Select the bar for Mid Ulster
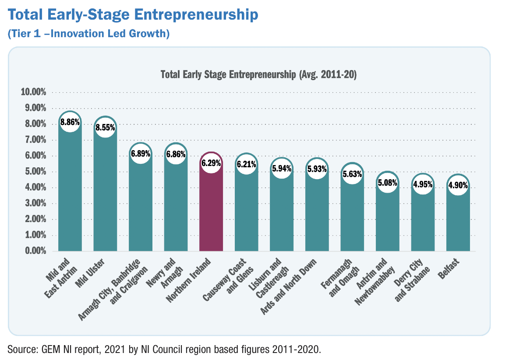(105, 193)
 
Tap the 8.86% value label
(70, 122)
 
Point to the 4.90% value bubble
(458, 185)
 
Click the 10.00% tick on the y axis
(33, 92)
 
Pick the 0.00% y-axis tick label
(35, 251)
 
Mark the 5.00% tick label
(35, 172)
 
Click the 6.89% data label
(141, 154)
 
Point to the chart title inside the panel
(258, 74)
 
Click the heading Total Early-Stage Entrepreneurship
(133, 16)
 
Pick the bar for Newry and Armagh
(176, 206)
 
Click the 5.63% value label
(352, 174)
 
